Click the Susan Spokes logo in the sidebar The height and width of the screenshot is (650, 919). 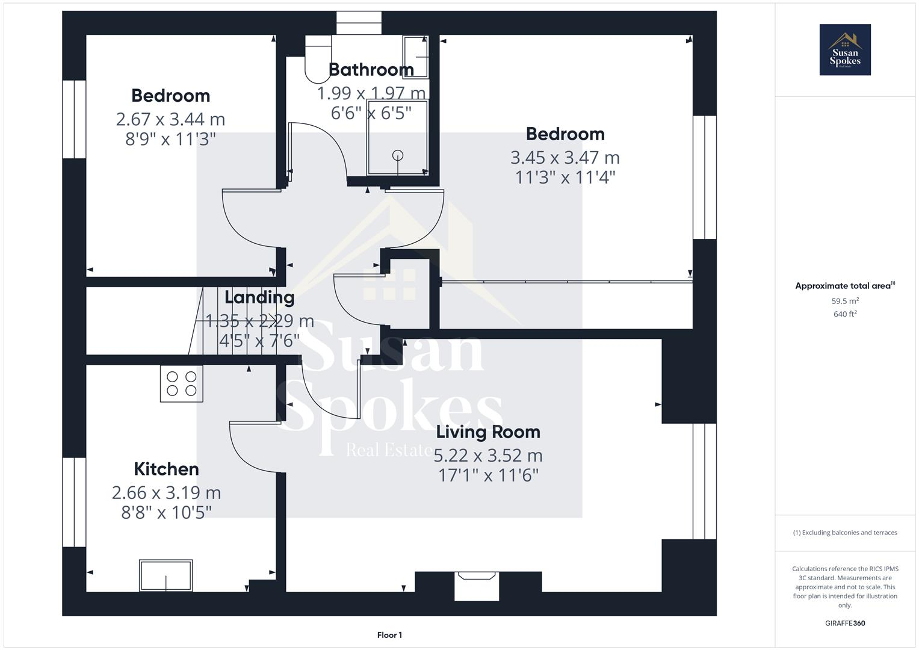844,50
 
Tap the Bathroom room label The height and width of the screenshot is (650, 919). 371,70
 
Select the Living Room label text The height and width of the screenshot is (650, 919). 487,432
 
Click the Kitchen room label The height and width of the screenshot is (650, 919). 166,469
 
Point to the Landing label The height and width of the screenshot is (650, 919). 259,297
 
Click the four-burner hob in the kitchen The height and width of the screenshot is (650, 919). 181,383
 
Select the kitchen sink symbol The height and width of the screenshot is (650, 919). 166,575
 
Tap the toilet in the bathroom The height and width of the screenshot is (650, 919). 318,59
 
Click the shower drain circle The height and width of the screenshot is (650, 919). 398,155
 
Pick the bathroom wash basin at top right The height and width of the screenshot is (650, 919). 415,57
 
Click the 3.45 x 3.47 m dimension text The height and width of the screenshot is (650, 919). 565,158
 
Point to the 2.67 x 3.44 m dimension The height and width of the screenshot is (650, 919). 170,119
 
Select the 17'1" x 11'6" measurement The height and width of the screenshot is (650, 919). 487,475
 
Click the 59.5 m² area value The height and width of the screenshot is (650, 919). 844,301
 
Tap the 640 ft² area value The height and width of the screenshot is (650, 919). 844,314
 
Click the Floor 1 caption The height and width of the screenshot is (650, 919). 389,635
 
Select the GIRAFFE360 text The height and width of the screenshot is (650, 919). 844,623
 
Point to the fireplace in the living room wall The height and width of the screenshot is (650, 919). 477,586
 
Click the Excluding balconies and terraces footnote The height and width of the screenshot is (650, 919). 844,533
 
